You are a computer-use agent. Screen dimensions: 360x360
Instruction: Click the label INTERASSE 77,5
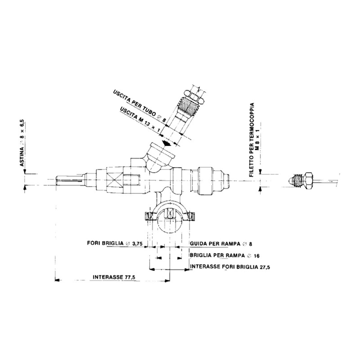coord(114,277)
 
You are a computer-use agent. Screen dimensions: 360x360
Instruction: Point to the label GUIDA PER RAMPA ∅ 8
coord(222,244)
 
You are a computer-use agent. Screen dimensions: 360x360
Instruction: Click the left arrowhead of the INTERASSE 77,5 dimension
coord(57,280)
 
